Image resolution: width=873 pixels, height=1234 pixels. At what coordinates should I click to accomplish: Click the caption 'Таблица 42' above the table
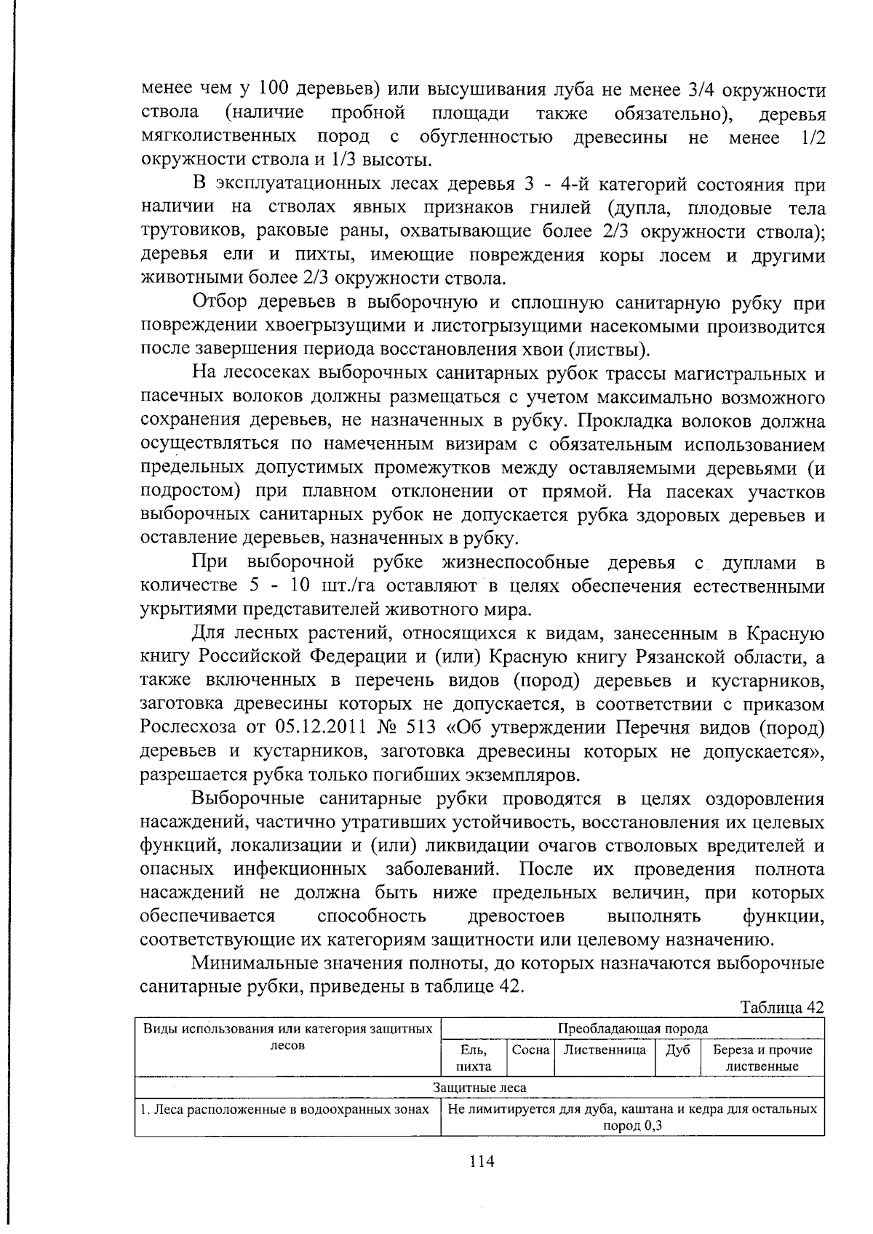tap(781, 1007)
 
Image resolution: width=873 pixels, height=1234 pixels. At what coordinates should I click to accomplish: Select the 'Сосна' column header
tap(530, 1050)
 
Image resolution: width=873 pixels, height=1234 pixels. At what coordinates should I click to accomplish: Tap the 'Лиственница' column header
tap(605, 1050)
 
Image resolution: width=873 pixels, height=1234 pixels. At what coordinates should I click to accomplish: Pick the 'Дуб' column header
tap(677, 1050)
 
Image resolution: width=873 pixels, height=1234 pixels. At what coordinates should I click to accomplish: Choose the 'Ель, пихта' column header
tap(474, 1058)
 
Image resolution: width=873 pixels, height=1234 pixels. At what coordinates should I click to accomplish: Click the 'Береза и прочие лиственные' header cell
tap(762, 1058)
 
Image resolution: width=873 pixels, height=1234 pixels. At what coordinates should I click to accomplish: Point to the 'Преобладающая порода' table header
tap(632, 1028)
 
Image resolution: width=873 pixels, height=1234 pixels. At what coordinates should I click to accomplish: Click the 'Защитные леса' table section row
tap(479, 1088)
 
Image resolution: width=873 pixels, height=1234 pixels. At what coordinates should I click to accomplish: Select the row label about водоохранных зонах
tap(287, 1110)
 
